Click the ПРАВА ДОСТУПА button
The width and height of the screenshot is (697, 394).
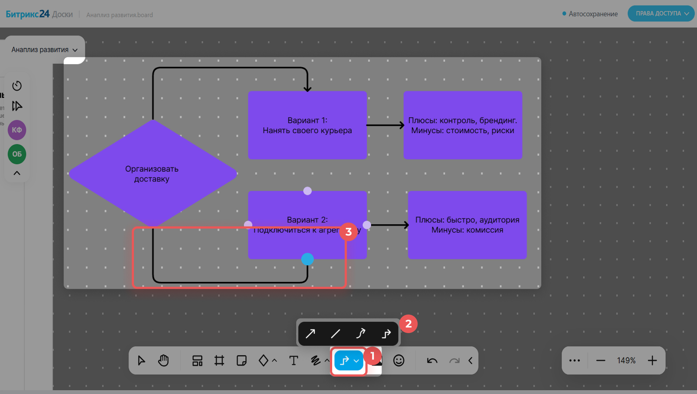click(x=661, y=13)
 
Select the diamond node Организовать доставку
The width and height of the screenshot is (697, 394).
click(x=152, y=173)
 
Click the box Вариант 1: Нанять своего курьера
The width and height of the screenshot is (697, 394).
click(x=307, y=125)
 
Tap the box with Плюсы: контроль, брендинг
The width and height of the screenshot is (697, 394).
click(x=462, y=125)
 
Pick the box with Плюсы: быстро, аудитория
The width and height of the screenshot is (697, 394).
click(x=467, y=225)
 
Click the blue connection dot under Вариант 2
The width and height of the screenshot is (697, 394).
click(x=307, y=259)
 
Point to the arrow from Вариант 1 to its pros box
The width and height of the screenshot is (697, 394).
click(x=385, y=125)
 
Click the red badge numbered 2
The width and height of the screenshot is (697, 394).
click(x=408, y=324)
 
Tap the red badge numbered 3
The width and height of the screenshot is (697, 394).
click(x=348, y=231)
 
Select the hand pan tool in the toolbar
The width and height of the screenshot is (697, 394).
click(x=163, y=360)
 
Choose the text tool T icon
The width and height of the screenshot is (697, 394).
click(x=293, y=360)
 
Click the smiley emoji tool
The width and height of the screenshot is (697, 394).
click(x=399, y=360)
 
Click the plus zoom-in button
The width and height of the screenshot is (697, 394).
click(x=652, y=360)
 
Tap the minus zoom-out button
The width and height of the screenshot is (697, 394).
click(x=600, y=360)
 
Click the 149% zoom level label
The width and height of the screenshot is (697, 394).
click(x=626, y=360)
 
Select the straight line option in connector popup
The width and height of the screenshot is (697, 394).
click(x=335, y=333)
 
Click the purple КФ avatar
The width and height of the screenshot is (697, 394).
click(x=17, y=130)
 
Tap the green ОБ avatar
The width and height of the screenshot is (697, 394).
click(x=17, y=154)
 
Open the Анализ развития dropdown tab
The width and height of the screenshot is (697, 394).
click(x=44, y=50)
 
